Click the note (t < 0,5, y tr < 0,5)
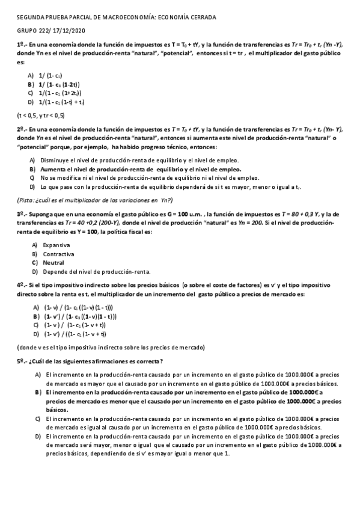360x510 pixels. tap(40, 115)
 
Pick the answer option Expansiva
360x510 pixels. tap(56, 245)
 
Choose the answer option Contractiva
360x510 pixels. tap(58, 254)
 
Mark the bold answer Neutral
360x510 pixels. tap(54, 263)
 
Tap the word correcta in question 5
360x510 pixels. tap(146, 360)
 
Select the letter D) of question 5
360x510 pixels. tap(37, 435)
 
